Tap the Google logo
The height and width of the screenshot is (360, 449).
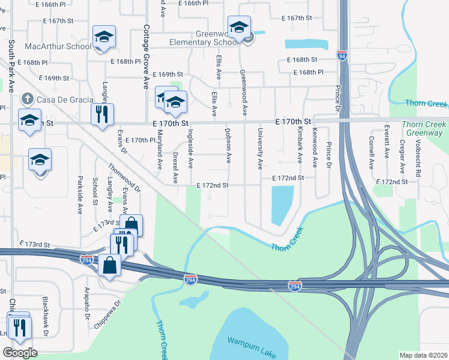coord(20,353)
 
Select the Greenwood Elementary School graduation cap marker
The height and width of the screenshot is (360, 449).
coord(239,28)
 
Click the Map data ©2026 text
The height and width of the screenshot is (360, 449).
coord(423,355)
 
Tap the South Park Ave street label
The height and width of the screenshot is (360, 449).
coord(11,65)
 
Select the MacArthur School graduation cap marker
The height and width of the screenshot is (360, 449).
coord(104,38)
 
